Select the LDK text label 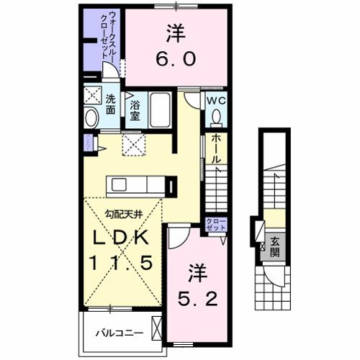click(x=120, y=238)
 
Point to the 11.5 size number click(x=120, y=264)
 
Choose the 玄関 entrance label click(x=275, y=248)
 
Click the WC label click(x=216, y=101)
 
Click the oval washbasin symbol click(x=91, y=117)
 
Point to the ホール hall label click(x=216, y=149)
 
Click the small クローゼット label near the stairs click(x=215, y=223)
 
